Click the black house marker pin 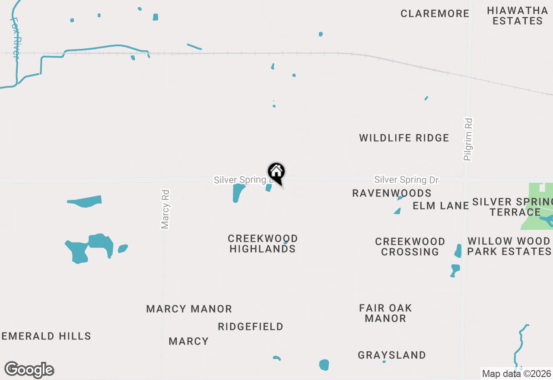(276, 173)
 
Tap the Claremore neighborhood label (435, 13)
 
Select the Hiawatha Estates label (517, 16)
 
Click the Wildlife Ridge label (404, 138)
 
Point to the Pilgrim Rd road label (468, 139)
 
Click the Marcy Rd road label (165, 209)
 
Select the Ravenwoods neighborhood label (391, 193)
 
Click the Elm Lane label (441, 206)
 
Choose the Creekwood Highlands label (263, 244)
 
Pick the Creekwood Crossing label (410, 247)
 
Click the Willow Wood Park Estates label (509, 246)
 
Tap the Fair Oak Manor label (385, 313)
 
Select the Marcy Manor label (189, 309)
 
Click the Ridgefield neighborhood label (251, 326)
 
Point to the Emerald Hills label (46, 336)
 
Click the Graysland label (392, 355)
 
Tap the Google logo (29, 370)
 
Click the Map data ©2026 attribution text (516, 374)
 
